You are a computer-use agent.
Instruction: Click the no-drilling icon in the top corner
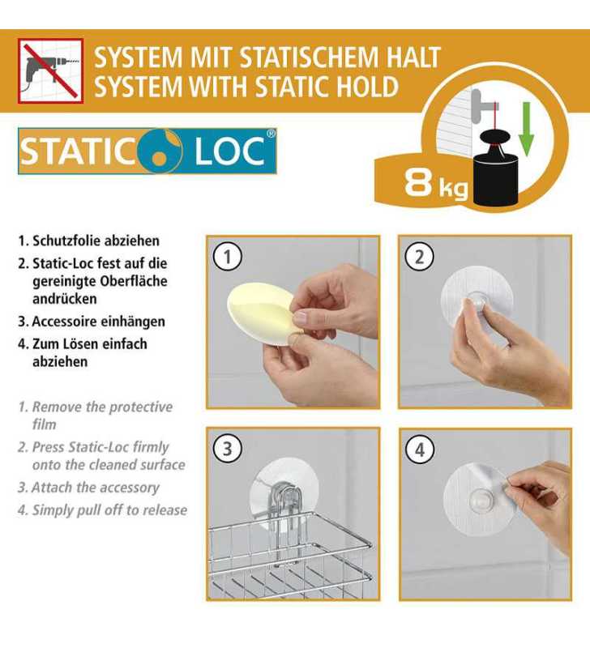click(50, 70)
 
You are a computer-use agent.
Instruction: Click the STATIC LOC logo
click(147, 151)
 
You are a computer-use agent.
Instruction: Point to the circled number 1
click(228, 257)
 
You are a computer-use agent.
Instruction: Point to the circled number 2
click(419, 257)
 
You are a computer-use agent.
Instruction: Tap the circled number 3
click(228, 448)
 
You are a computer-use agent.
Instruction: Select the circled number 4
click(419, 448)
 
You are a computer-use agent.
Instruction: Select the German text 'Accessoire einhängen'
click(97, 322)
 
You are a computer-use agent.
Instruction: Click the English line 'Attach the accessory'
click(95, 488)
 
